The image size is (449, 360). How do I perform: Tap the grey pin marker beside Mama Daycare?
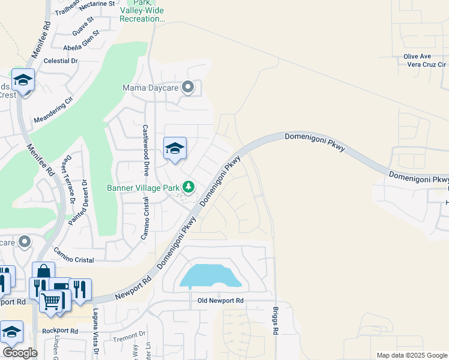[188, 88]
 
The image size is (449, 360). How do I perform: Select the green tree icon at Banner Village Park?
[188, 187]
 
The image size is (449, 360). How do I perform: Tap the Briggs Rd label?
[276, 323]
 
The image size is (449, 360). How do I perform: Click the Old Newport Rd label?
[220, 300]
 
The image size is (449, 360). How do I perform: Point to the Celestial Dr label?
[57, 61]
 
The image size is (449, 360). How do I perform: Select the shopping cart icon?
[52, 299]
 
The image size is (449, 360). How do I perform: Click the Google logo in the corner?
[20, 353]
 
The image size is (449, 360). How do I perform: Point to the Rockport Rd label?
[60, 331]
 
